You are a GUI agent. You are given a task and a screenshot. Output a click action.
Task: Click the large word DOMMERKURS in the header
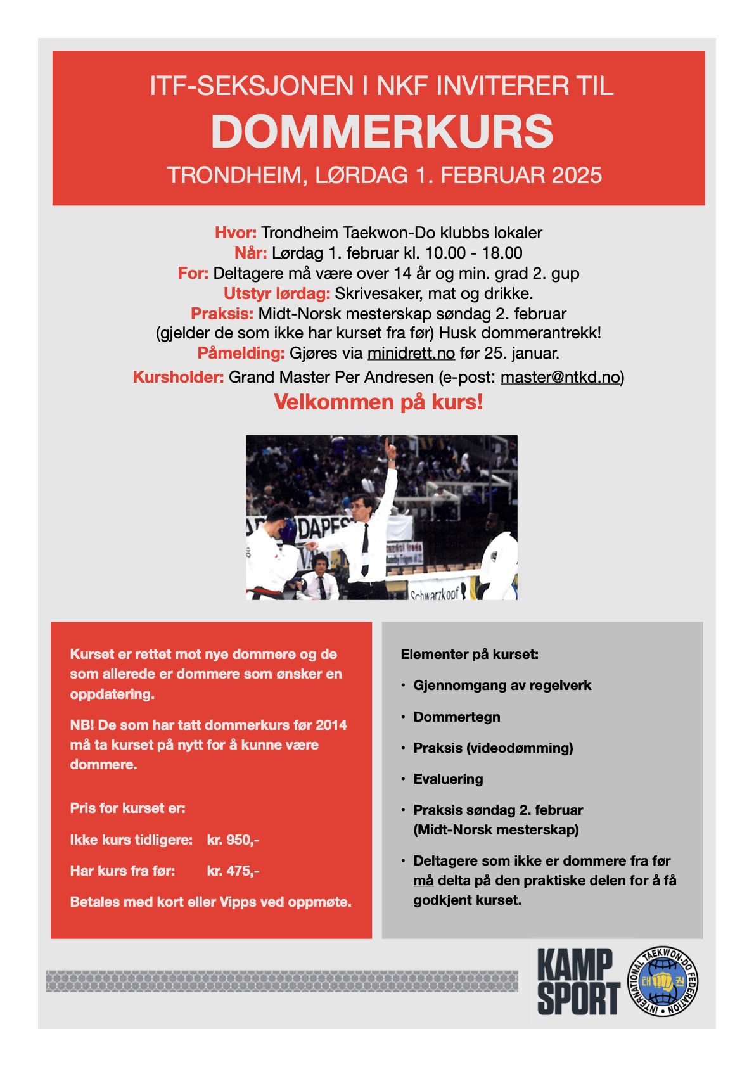tap(381, 132)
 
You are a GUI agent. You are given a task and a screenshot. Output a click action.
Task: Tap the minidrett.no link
tap(411, 353)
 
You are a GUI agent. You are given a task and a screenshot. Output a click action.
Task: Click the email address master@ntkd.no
tap(559, 378)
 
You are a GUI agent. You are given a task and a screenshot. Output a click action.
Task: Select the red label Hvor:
tap(236, 233)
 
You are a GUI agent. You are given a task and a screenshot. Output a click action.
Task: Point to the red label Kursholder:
tap(178, 378)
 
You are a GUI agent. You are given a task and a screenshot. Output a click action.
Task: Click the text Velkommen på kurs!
tap(378, 402)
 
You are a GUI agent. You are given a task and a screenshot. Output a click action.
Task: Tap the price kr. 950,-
tap(233, 840)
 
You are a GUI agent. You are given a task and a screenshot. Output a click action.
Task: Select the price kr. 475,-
tap(233, 871)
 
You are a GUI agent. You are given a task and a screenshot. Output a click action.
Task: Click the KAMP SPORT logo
tap(578, 981)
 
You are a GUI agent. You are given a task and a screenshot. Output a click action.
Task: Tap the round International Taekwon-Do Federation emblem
tap(663, 981)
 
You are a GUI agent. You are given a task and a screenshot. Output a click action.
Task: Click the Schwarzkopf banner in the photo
tap(437, 592)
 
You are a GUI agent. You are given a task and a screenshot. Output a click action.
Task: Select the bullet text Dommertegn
tap(457, 717)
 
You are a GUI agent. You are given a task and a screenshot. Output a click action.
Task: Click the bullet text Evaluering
tap(448, 779)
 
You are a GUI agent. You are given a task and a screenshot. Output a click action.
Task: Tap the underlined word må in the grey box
tap(423, 881)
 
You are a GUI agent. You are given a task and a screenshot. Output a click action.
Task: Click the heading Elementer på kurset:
tap(470, 655)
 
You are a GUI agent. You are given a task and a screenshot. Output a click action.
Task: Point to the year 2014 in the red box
tap(331, 725)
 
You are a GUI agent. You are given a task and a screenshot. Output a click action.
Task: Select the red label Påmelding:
tap(241, 353)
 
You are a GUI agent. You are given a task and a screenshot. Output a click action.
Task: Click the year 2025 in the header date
tap(577, 176)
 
